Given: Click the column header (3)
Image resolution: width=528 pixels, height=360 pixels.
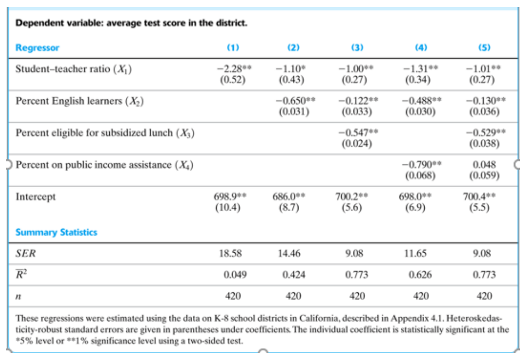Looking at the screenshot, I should [x=357, y=47].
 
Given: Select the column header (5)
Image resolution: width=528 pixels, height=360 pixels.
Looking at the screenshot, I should [x=485, y=47].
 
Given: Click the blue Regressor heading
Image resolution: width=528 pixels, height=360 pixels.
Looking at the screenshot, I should [x=37, y=47].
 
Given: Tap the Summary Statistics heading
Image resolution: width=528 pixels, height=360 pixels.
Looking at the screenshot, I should [x=56, y=232].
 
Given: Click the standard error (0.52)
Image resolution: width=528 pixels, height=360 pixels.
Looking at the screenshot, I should [x=232, y=80].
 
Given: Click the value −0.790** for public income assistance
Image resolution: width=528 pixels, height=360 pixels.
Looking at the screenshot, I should [x=421, y=165].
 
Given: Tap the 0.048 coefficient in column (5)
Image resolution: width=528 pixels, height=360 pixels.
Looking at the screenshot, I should [x=485, y=165].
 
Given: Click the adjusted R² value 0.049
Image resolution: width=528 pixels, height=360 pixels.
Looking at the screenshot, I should [x=232, y=275].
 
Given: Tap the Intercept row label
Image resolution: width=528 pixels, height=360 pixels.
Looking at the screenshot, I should [x=36, y=197].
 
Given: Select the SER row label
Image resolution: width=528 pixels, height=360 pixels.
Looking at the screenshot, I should [x=26, y=254].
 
